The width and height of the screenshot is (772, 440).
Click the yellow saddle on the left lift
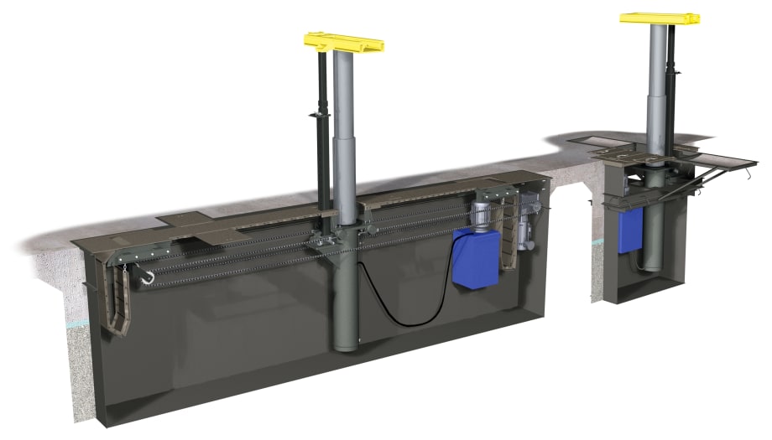click(x=344, y=41)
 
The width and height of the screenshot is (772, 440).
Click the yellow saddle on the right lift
click(x=660, y=18)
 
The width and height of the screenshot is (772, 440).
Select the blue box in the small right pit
click(x=630, y=228)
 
